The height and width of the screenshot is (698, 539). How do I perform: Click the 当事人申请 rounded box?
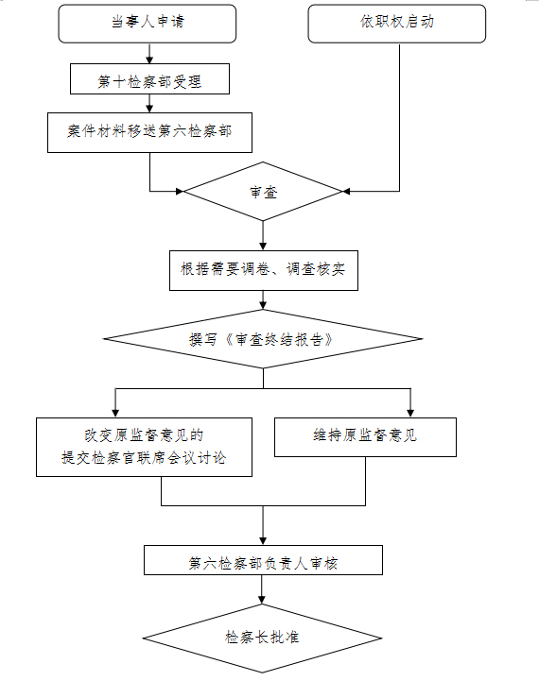pos(148,24)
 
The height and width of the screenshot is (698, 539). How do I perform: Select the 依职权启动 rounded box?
pos(397,24)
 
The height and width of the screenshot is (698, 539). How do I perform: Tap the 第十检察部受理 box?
pos(149,78)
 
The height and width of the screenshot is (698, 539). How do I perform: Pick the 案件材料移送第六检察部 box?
pos(149,132)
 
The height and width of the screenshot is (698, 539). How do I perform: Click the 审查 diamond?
pos(263,192)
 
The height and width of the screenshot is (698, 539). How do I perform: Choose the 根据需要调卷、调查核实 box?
pos(264,271)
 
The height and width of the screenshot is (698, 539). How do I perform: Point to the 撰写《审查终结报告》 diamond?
pos(263,339)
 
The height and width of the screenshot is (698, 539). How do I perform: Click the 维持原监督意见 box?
pos(365,437)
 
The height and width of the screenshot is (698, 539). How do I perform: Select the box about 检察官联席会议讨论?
pos(144,447)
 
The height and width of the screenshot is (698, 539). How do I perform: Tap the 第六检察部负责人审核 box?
pos(263,560)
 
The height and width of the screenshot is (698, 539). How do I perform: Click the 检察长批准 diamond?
pos(262,638)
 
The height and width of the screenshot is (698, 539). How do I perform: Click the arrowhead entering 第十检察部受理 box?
pos(149,60)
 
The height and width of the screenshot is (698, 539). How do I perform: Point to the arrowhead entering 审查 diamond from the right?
pos(346,192)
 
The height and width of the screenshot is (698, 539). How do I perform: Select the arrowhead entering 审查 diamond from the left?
pos(180,192)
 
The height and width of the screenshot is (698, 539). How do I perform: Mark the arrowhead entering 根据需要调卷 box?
pos(263,247)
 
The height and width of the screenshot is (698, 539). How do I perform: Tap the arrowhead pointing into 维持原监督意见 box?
pos(410,414)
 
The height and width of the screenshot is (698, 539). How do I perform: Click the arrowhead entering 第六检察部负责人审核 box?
pos(263,541)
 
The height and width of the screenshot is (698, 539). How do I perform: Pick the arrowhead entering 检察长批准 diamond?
pos(262,600)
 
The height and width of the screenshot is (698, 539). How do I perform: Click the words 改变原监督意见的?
pos(144,434)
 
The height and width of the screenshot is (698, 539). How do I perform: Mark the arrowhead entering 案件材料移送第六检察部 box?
pos(149,109)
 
